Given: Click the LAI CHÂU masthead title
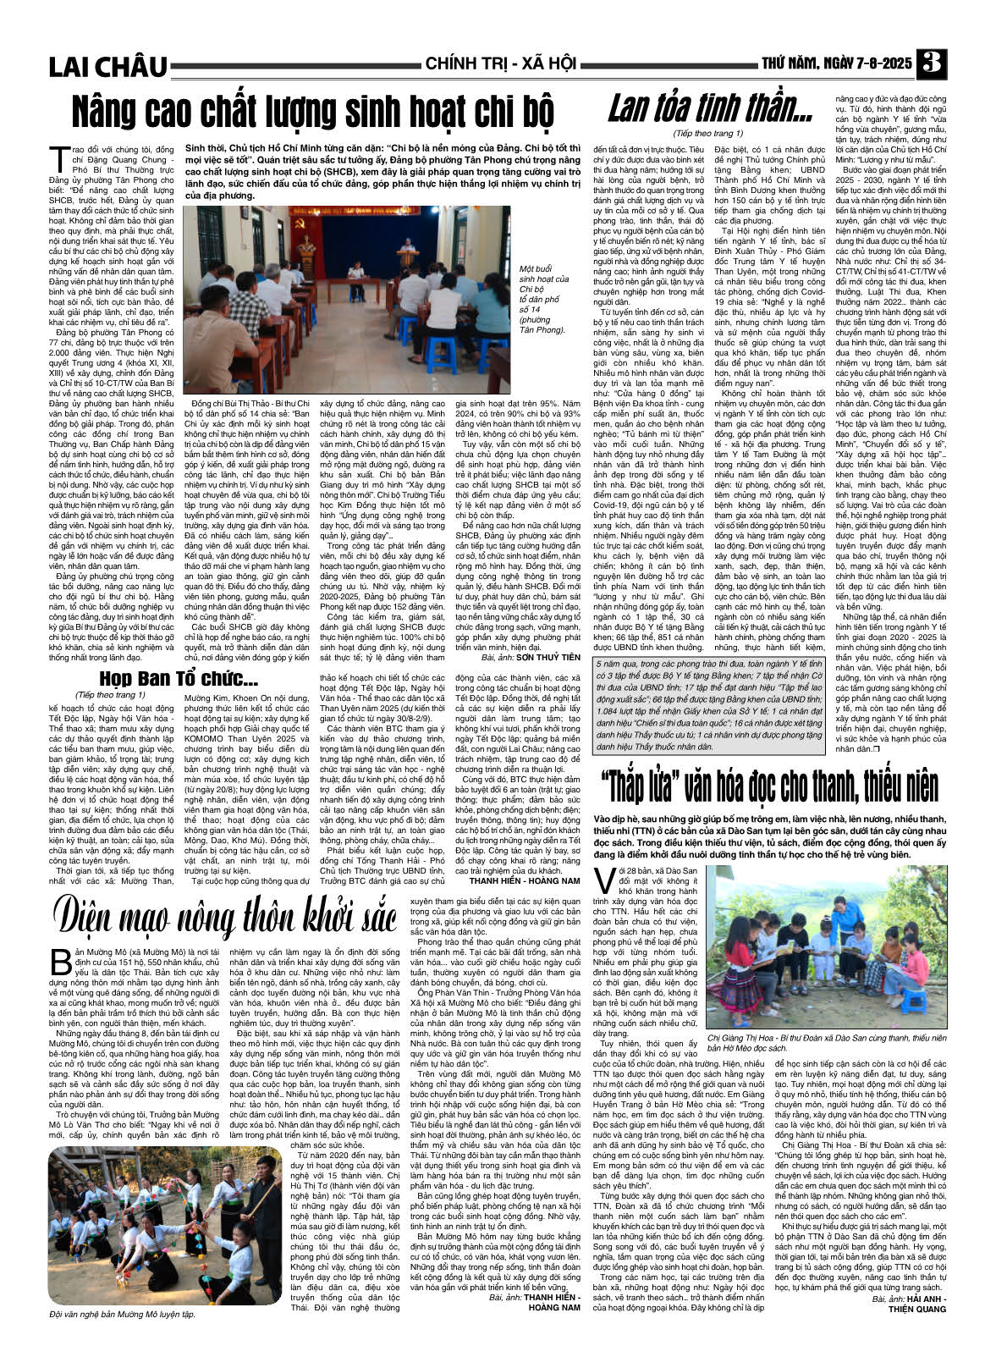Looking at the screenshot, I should pos(108,66).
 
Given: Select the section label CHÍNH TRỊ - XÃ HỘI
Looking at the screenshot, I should pos(500,64).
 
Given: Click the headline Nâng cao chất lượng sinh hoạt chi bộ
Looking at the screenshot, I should pos(311,110).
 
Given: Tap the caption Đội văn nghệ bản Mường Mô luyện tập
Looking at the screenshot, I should pos(122,1314).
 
